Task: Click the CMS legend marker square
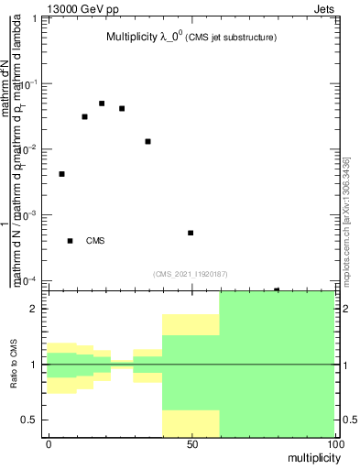point(70,241)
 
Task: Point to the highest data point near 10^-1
point(102,104)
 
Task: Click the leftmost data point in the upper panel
point(61,174)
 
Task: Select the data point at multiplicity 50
point(191,233)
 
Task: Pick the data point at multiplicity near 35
point(147,141)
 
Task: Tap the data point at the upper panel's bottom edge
point(277,289)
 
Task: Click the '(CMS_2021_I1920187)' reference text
point(191,274)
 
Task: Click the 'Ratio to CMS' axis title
point(15,364)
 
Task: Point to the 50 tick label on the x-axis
point(191,443)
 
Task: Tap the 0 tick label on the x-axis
point(48,443)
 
